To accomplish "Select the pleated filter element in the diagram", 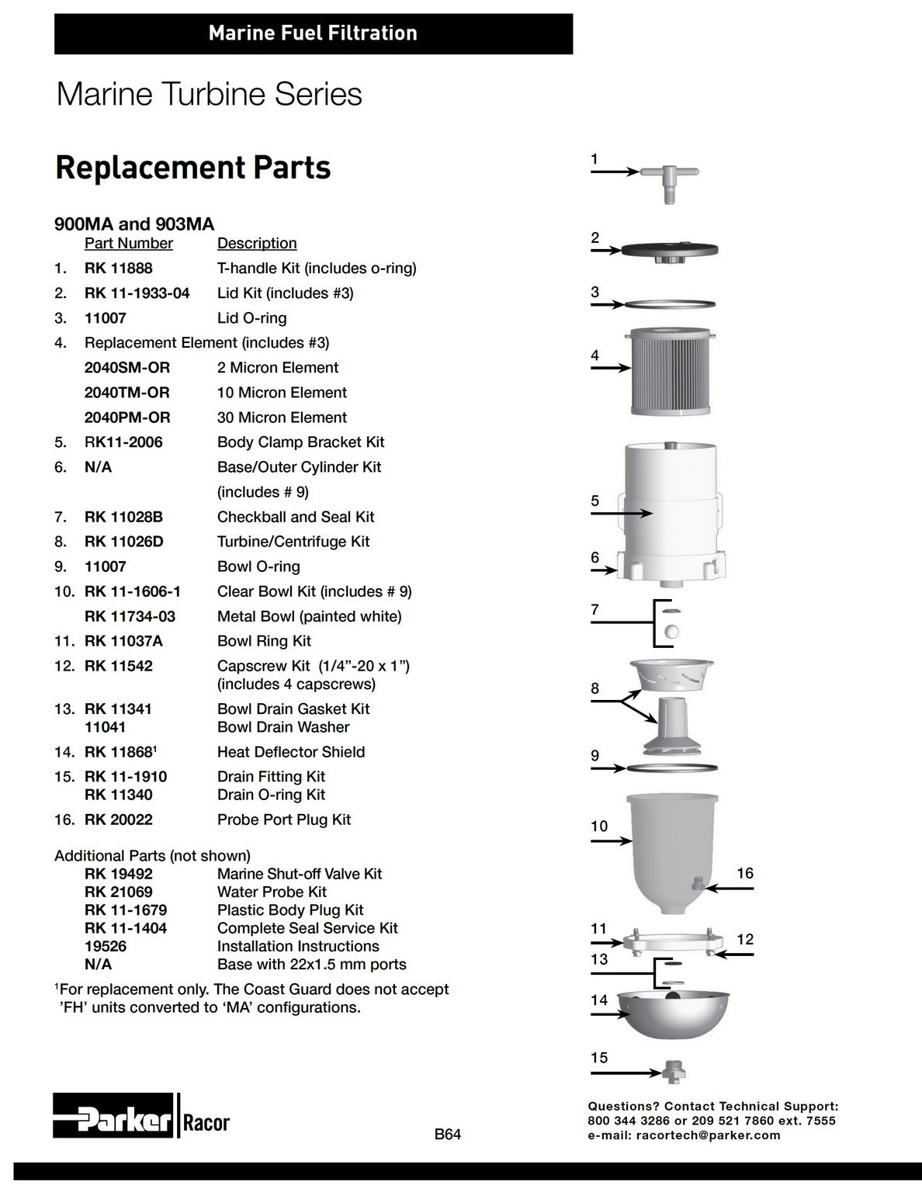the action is [671, 372].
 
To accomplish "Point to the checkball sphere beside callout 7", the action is [671, 632].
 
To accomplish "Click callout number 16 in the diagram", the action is [745, 873].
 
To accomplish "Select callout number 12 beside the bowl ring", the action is [745, 938].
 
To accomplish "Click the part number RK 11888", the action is [119, 269].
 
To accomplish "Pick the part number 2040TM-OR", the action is [127, 393].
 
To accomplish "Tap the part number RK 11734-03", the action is [130, 617].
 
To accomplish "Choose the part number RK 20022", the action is [119, 819].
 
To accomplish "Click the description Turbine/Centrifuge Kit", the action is [293, 542].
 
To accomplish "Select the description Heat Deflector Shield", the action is [291, 752].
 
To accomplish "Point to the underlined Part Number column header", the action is [129, 244].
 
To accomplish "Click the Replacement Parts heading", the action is [193, 168].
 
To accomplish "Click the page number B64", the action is [448, 1134].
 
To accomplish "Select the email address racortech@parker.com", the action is [708, 1135].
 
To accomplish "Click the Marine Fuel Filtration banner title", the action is [314, 33].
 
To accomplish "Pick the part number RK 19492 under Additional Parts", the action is [119, 874].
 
